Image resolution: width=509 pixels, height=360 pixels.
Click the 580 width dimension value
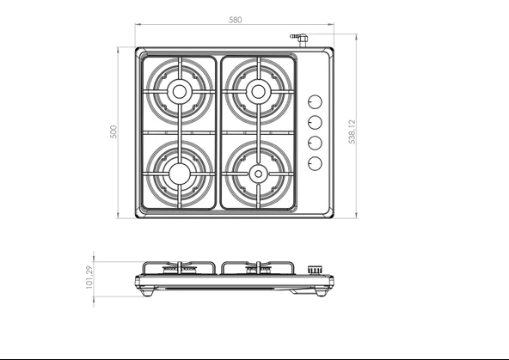tap(235, 19)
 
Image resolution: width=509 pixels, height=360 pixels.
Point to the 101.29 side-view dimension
tap(89, 277)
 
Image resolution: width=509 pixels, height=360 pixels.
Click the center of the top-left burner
tap(179, 91)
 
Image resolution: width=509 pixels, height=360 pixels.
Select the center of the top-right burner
tap(257, 90)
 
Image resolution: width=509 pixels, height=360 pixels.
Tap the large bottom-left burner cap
tap(179, 173)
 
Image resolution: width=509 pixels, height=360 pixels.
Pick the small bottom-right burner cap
tap(257, 174)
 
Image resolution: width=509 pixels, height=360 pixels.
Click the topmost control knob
tap(315, 100)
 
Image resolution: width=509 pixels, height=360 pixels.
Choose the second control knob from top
tap(315, 121)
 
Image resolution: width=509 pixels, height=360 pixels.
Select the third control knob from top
tap(315, 142)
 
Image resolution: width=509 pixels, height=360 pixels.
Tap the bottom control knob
tap(315, 162)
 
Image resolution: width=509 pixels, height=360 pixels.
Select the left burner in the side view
tap(180, 272)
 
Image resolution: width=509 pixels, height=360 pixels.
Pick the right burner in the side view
tap(257, 272)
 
